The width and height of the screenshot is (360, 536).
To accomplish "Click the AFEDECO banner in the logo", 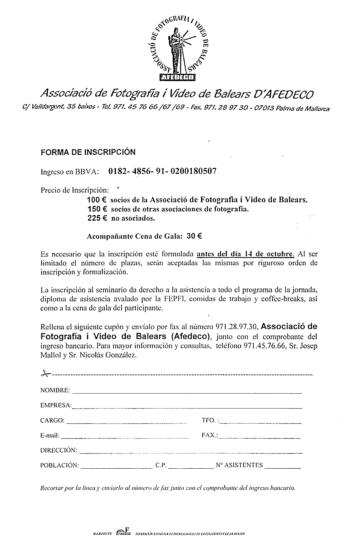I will tap(177, 77).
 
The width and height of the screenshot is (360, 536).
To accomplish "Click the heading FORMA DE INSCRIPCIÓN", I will tap(88, 152).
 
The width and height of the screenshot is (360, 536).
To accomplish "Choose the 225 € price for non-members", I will tap(97, 218).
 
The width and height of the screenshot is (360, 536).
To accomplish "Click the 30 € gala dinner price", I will tap(194, 236).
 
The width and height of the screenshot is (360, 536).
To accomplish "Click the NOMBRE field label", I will tap(55, 390).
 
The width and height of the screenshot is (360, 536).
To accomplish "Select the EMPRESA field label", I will tap(56, 405).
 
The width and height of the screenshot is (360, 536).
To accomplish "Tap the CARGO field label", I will tap(52, 420).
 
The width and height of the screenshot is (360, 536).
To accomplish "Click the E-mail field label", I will tap(50, 435).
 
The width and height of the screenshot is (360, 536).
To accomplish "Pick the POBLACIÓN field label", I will tap(60, 465).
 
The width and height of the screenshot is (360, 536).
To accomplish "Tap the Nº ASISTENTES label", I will tap(239, 465).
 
